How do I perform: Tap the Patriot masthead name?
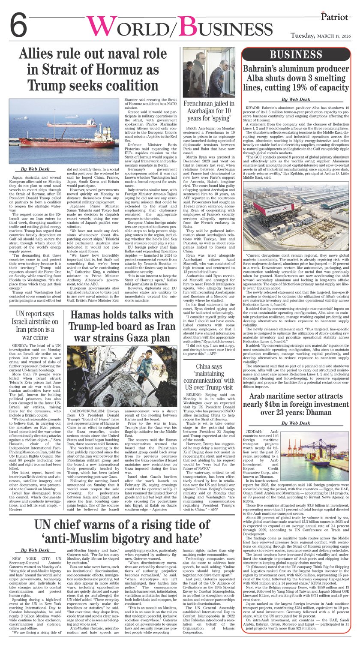point(337,15)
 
